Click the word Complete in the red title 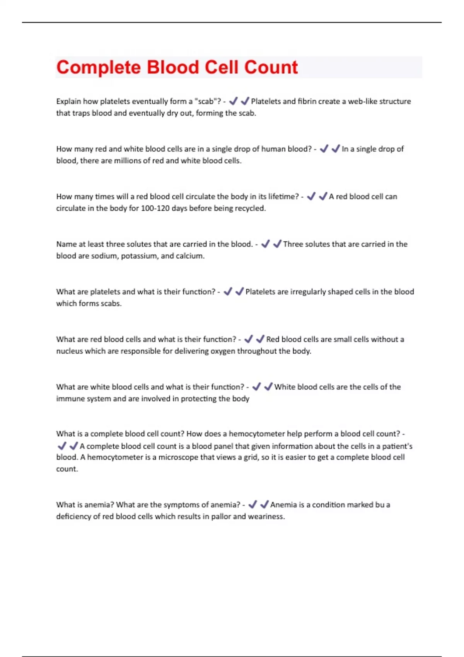99,67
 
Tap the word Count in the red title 271,67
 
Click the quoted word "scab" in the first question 205,101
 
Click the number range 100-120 154,208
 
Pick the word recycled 250,208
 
